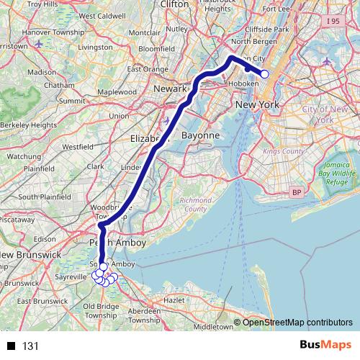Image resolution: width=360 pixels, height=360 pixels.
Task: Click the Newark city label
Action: (171, 89)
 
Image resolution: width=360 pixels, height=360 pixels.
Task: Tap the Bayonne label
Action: (199, 135)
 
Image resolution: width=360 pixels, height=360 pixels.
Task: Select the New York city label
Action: (257, 105)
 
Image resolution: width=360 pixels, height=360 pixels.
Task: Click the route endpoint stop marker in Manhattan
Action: (264, 74)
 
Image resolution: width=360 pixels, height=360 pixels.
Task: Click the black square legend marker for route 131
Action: (12, 346)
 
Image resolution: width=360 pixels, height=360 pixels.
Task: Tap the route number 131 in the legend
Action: (30, 346)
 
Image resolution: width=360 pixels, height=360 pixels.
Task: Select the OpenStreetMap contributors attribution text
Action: (297, 322)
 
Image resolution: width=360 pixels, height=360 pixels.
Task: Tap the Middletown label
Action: (215, 326)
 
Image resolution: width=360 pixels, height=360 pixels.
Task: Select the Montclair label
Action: (144, 33)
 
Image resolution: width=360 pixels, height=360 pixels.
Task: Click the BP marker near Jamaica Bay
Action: (296, 193)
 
